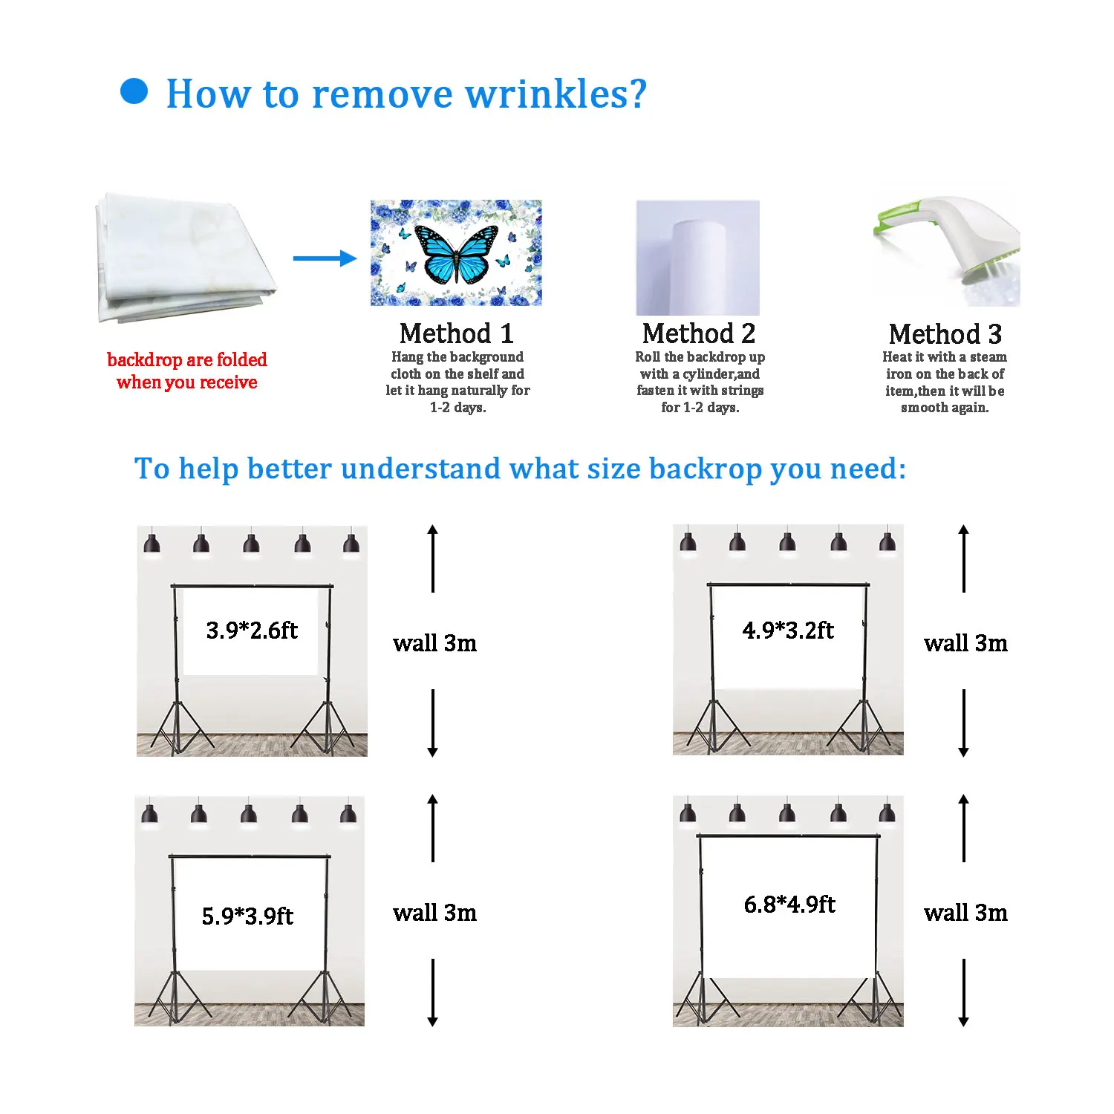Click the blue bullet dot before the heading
(134, 92)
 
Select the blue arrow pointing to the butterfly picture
(325, 258)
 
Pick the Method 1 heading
(456, 333)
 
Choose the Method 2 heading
(699, 333)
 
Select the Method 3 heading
(945, 334)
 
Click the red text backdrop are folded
(187, 360)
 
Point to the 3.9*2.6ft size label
(252, 631)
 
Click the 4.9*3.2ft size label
(788, 631)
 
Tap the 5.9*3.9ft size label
(247, 916)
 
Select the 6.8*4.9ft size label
(789, 905)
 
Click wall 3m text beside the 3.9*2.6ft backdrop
(434, 643)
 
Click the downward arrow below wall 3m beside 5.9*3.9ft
(433, 992)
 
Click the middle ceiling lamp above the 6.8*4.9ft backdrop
(788, 813)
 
